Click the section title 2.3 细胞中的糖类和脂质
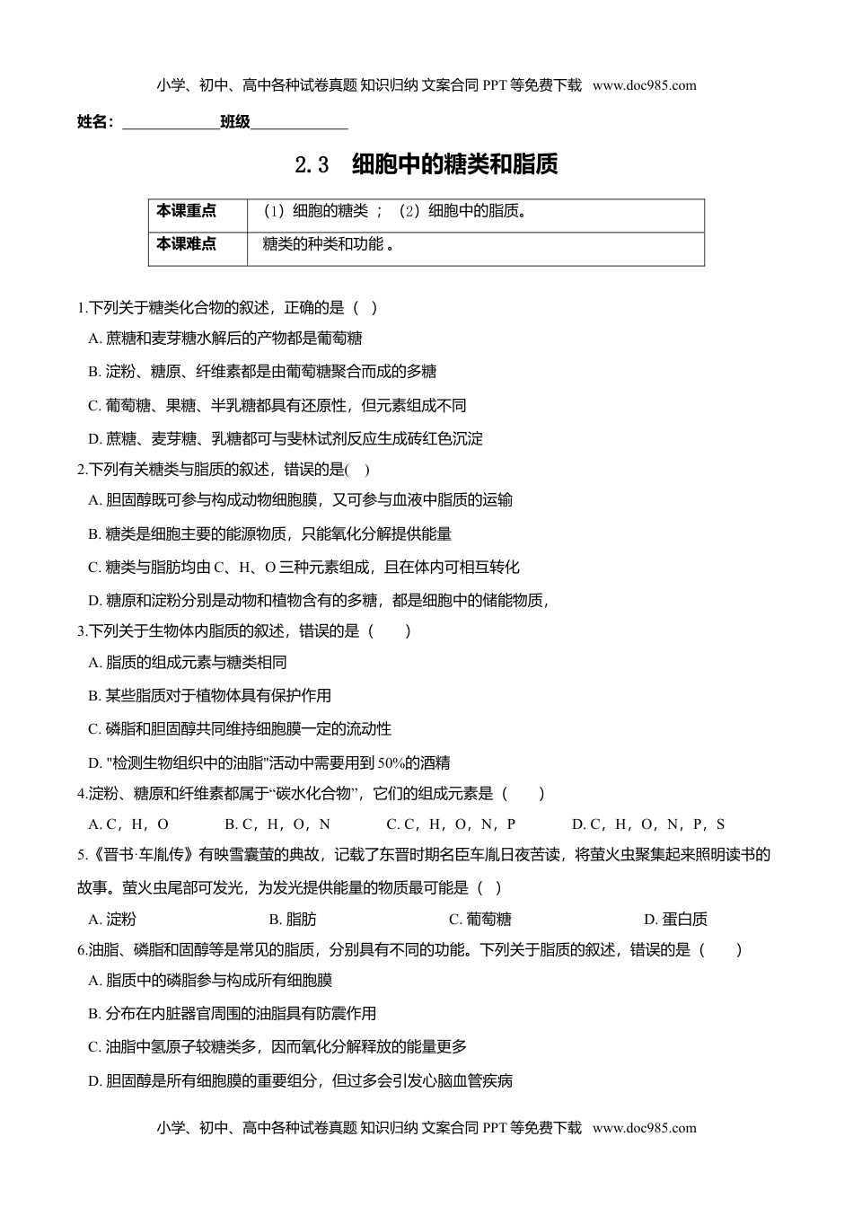point(426,164)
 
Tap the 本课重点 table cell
point(187,211)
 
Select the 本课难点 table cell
point(187,244)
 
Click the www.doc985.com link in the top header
point(644,85)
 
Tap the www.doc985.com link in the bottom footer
point(644,1128)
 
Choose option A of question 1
point(225,339)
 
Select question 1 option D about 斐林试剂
point(286,438)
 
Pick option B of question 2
point(269,533)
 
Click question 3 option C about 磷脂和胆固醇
point(240,728)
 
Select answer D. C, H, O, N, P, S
point(648,824)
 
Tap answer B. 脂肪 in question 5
point(293,919)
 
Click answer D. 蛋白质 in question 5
point(675,919)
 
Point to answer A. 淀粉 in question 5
point(112,919)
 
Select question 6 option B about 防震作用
point(232,1014)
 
